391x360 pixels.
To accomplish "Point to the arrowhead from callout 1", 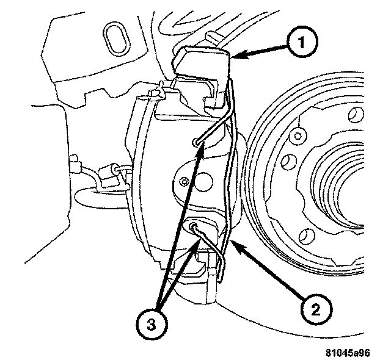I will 236,56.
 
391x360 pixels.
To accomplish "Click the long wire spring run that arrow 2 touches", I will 228,183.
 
